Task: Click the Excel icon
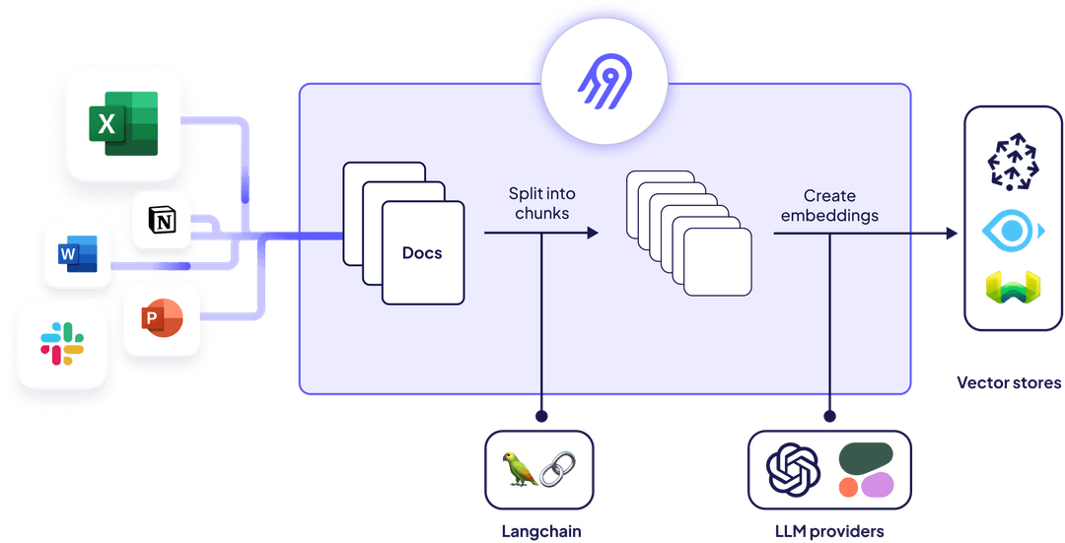[x=123, y=123]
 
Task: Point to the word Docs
[x=422, y=253]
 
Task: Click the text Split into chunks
[x=540, y=203]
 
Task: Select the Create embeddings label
[x=828, y=205]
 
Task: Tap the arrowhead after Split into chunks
[x=592, y=234]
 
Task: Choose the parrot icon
[x=520, y=469]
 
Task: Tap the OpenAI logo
[x=794, y=470]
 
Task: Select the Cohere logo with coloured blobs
[x=866, y=469]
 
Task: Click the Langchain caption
[x=539, y=532]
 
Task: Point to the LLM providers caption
[x=829, y=532]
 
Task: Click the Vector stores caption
[x=1009, y=382]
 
